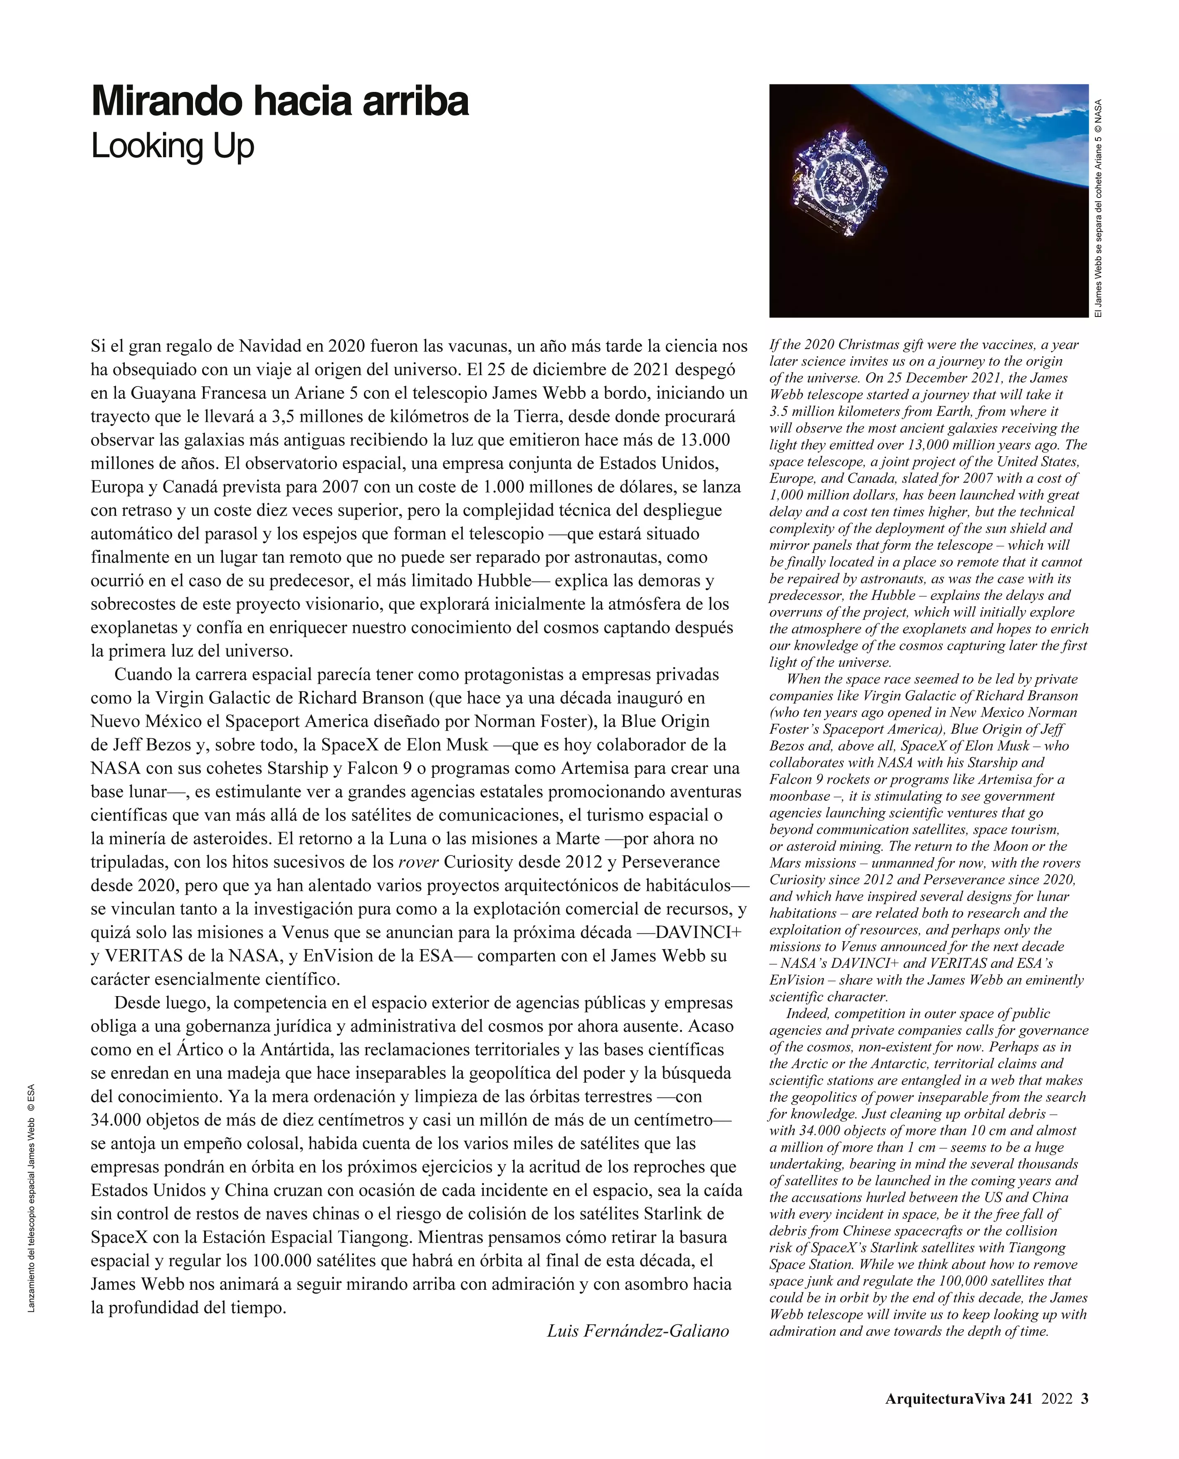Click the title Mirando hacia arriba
280,102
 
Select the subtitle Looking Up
173,147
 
